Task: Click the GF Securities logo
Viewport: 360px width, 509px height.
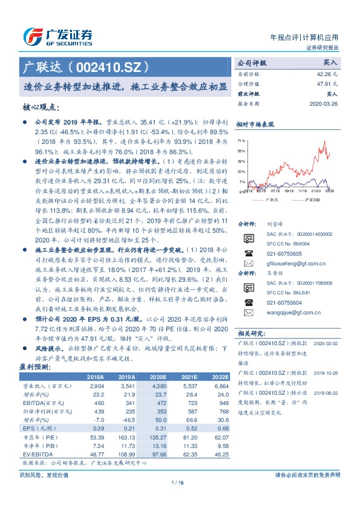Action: click(57, 36)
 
